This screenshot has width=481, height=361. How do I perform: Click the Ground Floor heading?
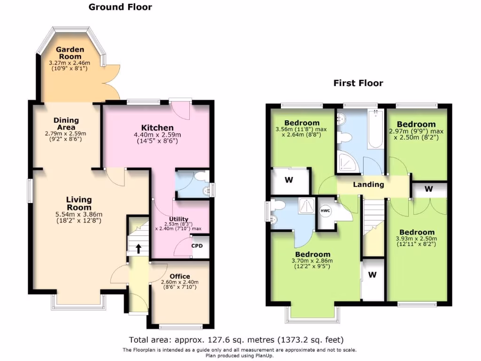coord(120,7)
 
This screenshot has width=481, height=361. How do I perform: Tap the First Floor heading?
coord(358,83)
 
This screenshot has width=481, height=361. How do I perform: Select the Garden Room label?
coord(70,49)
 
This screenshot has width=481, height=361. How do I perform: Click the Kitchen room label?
coord(157,127)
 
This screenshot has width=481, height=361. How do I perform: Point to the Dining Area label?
coord(66,124)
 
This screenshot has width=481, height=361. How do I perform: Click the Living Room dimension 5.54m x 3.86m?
coord(78,214)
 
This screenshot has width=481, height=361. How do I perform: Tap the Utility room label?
coord(178,219)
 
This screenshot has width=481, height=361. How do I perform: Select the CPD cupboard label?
coord(197,245)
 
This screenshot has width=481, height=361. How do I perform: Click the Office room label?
coord(179,276)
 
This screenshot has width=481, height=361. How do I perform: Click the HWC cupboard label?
coord(326,211)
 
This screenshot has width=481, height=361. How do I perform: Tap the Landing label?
coord(368,185)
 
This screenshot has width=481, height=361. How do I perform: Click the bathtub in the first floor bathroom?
coord(375,129)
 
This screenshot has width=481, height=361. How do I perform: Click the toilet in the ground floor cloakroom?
coord(202,176)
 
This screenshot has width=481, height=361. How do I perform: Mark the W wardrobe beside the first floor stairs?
coord(372,275)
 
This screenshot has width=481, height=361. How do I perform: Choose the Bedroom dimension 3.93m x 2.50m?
coord(417,241)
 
